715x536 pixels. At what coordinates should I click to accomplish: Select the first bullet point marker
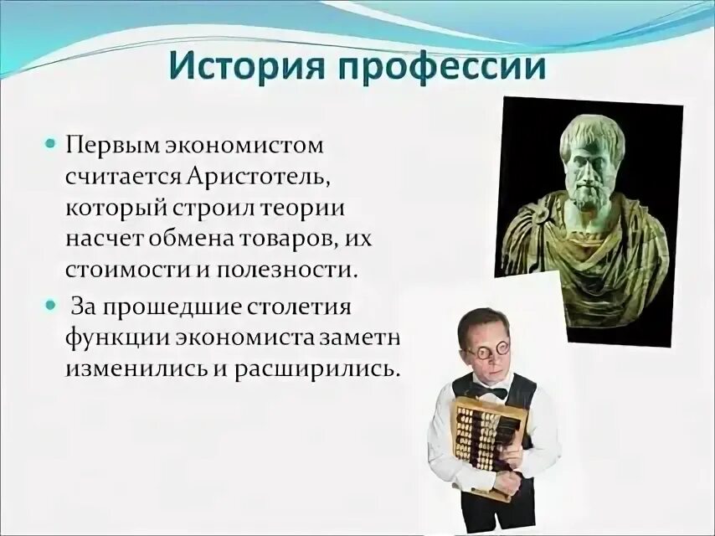(50, 144)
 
